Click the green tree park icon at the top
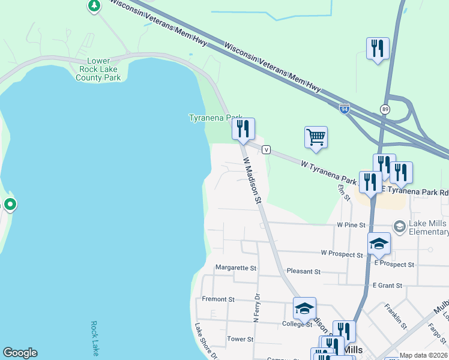click(x=94, y=6)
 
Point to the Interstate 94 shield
click(x=344, y=109)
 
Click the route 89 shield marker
click(x=384, y=109)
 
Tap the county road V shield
click(x=267, y=149)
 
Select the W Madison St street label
click(x=252, y=180)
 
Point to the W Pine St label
click(x=351, y=225)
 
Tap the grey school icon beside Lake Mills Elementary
click(x=399, y=226)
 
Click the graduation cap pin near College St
click(x=304, y=308)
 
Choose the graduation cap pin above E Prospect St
click(x=379, y=243)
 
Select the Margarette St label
click(x=236, y=268)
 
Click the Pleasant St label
click(x=303, y=271)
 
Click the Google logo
click(x=20, y=353)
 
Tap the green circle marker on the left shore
click(x=10, y=205)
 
